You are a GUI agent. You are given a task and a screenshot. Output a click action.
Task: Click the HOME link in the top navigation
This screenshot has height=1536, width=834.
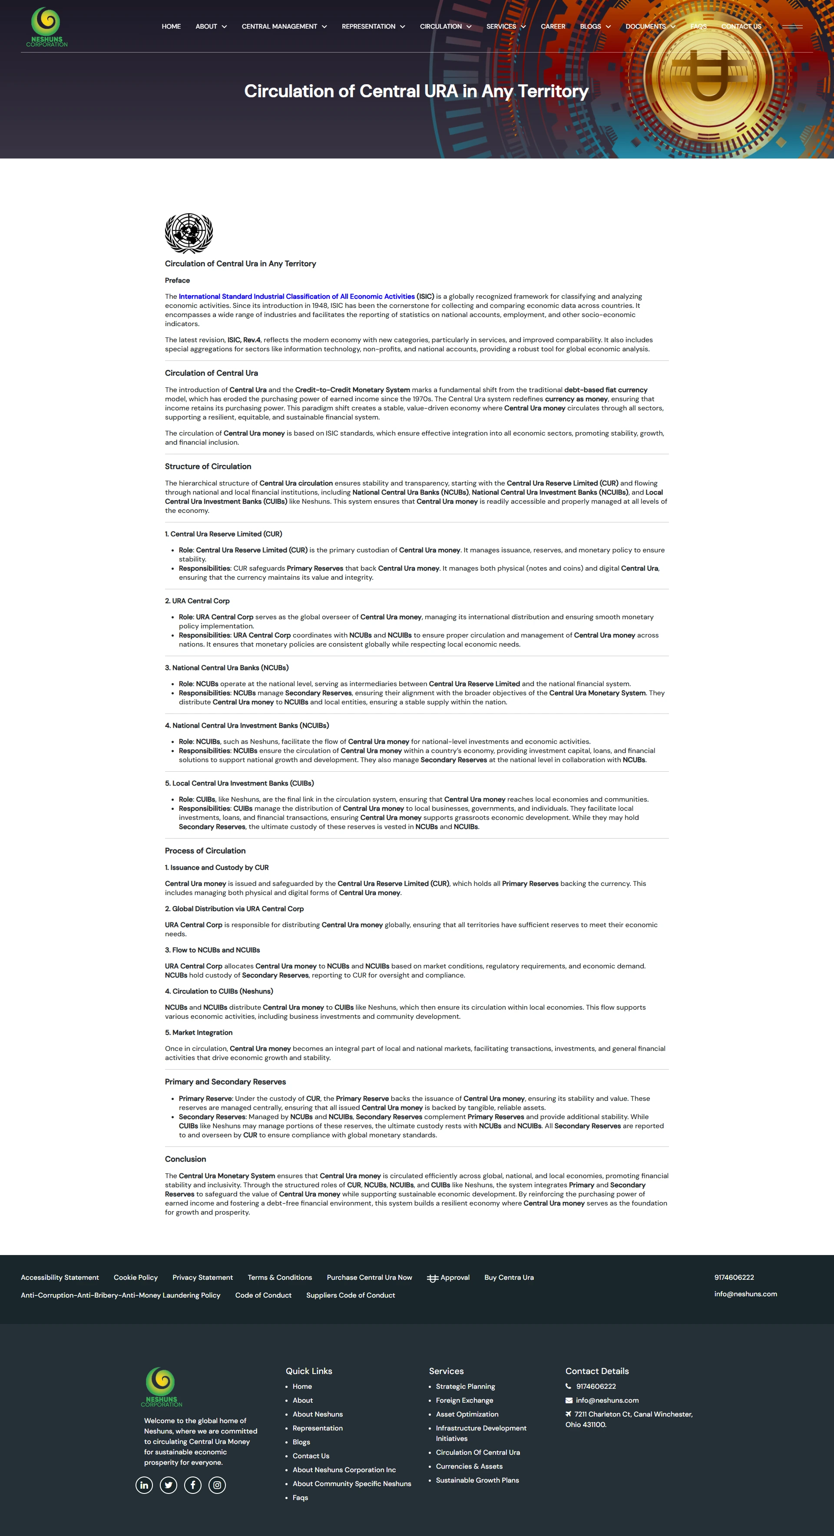171,26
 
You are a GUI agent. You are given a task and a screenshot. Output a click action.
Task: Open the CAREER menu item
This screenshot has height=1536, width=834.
553,26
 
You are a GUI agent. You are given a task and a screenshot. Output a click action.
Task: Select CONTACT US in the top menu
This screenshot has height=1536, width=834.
741,26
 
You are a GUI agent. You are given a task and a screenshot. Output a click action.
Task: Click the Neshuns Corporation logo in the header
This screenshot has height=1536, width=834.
46,27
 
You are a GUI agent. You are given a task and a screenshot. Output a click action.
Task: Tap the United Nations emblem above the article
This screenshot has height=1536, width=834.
189,233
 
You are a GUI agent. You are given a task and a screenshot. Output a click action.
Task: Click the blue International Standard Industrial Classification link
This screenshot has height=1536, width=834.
297,296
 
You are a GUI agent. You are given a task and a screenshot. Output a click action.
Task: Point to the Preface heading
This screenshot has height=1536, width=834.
177,280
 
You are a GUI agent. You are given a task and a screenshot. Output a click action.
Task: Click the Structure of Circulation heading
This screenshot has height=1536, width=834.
208,466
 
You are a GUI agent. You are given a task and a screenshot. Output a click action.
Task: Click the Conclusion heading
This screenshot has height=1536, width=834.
185,1159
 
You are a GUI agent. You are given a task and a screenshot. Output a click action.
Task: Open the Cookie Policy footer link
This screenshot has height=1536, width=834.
136,1277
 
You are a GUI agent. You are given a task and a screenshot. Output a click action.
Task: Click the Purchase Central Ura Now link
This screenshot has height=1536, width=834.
369,1277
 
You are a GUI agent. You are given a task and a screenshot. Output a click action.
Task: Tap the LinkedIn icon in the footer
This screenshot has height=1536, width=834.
144,1485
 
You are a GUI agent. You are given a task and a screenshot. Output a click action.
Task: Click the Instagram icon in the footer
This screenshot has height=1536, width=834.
217,1485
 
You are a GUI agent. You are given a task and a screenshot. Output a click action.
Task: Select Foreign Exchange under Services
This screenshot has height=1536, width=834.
464,1400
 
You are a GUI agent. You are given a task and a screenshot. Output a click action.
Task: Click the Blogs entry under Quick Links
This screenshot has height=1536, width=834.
301,1442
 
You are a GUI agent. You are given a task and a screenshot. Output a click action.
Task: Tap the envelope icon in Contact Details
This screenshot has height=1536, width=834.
569,1400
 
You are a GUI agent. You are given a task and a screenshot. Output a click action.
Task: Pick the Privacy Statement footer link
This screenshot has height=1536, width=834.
202,1277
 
